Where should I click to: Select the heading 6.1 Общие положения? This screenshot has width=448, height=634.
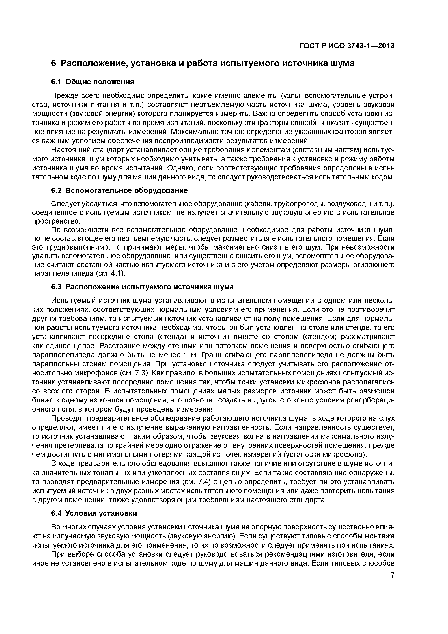(93, 82)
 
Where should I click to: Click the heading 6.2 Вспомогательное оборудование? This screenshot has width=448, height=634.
(120, 190)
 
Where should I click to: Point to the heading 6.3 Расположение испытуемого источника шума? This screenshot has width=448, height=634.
(142, 287)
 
